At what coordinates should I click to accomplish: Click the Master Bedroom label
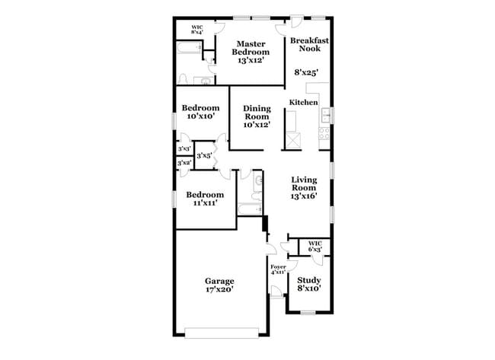pos(251,52)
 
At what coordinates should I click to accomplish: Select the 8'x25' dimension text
pos(306,74)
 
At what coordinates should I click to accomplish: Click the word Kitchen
pos(303,102)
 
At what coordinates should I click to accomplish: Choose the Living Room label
pos(304,188)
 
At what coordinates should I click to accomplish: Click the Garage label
pos(219,285)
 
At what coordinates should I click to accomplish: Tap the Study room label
pos(309,284)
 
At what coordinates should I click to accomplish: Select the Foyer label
pos(278,269)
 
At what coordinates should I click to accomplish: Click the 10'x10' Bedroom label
pos(200,112)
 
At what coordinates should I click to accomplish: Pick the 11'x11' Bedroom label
pos(206,198)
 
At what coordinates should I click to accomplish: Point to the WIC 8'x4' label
pos(196,30)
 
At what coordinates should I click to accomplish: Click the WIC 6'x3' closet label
pos(315,247)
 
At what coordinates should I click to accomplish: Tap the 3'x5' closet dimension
pos(204,156)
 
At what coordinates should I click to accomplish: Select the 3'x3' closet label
pos(184,149)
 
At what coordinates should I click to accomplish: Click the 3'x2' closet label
pos(184,163)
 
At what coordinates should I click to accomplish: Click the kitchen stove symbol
pos(324,133)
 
